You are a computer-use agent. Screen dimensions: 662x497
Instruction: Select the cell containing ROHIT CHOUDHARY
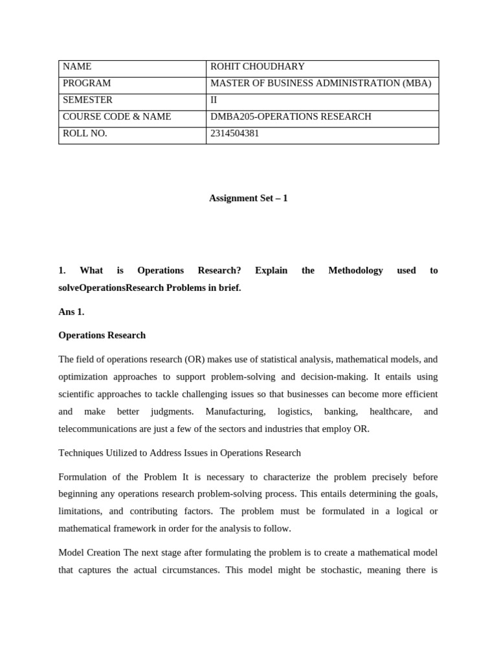(258, 67)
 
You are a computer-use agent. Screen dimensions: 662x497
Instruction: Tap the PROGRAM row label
(87, 83)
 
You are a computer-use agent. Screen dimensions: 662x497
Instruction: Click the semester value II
(215, 100)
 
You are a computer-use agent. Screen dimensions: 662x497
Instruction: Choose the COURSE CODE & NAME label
(117, 117)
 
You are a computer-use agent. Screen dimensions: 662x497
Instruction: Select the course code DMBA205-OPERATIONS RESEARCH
(291, 117)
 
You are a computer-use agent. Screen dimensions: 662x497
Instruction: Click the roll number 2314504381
(234, 134)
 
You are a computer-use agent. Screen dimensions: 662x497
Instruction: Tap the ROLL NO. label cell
(85, 134)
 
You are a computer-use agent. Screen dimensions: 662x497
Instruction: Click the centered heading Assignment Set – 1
(248, 198)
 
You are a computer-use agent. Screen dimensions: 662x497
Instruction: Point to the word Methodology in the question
(355, 270)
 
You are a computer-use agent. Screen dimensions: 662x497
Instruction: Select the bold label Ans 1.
(71, 312)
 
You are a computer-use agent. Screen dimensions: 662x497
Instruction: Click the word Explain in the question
(271, 270)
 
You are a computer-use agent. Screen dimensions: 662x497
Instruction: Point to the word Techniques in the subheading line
(81, 453)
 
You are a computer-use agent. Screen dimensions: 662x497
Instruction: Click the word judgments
(172, 412)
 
